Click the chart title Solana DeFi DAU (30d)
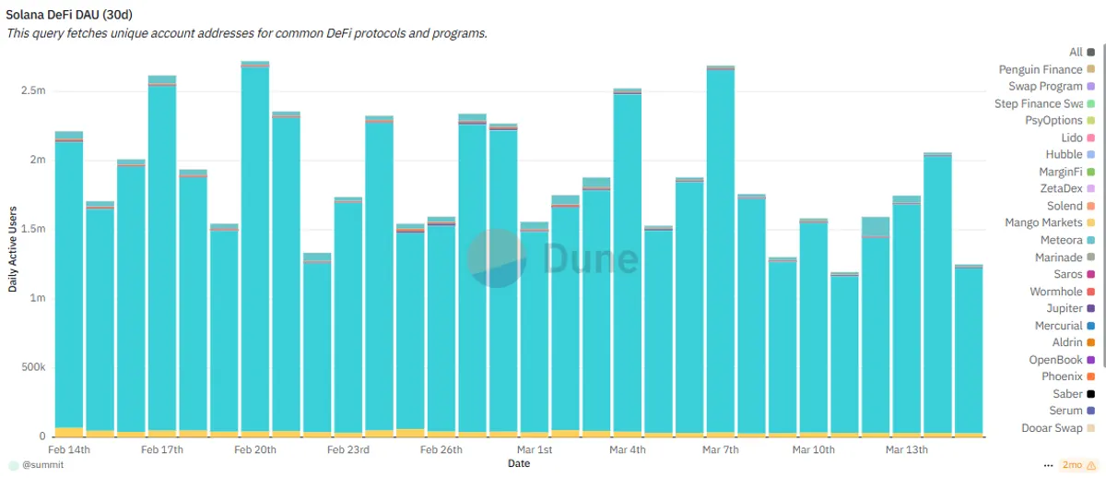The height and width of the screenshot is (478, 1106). (69, 15)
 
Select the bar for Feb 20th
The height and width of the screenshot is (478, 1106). (255, 249)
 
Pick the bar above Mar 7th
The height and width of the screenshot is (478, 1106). (721, 251)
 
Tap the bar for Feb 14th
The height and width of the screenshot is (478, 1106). (69, 284)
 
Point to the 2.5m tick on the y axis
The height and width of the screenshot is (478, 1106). (33, 90)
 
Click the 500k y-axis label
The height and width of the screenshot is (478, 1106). (33, 367)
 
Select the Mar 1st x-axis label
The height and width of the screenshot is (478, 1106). (535, 449)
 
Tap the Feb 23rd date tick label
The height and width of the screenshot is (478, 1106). (348, 449)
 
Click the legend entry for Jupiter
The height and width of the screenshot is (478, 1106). (1070, 308)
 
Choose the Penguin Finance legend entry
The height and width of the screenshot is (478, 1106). (1047, 70)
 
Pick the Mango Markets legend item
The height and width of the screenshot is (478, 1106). (1050, 223)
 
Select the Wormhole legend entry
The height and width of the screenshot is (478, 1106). (1062, 292)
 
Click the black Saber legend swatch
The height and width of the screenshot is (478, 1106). (1091, 394)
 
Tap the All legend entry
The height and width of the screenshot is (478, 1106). (1082, 53)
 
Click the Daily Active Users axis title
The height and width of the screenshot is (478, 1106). (13, 249)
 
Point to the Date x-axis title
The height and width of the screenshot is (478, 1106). (519, 463)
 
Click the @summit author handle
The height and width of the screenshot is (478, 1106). (43, 465)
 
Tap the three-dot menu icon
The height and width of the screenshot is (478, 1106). (1048, 465)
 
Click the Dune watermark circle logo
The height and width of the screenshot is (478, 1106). (496, 258)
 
